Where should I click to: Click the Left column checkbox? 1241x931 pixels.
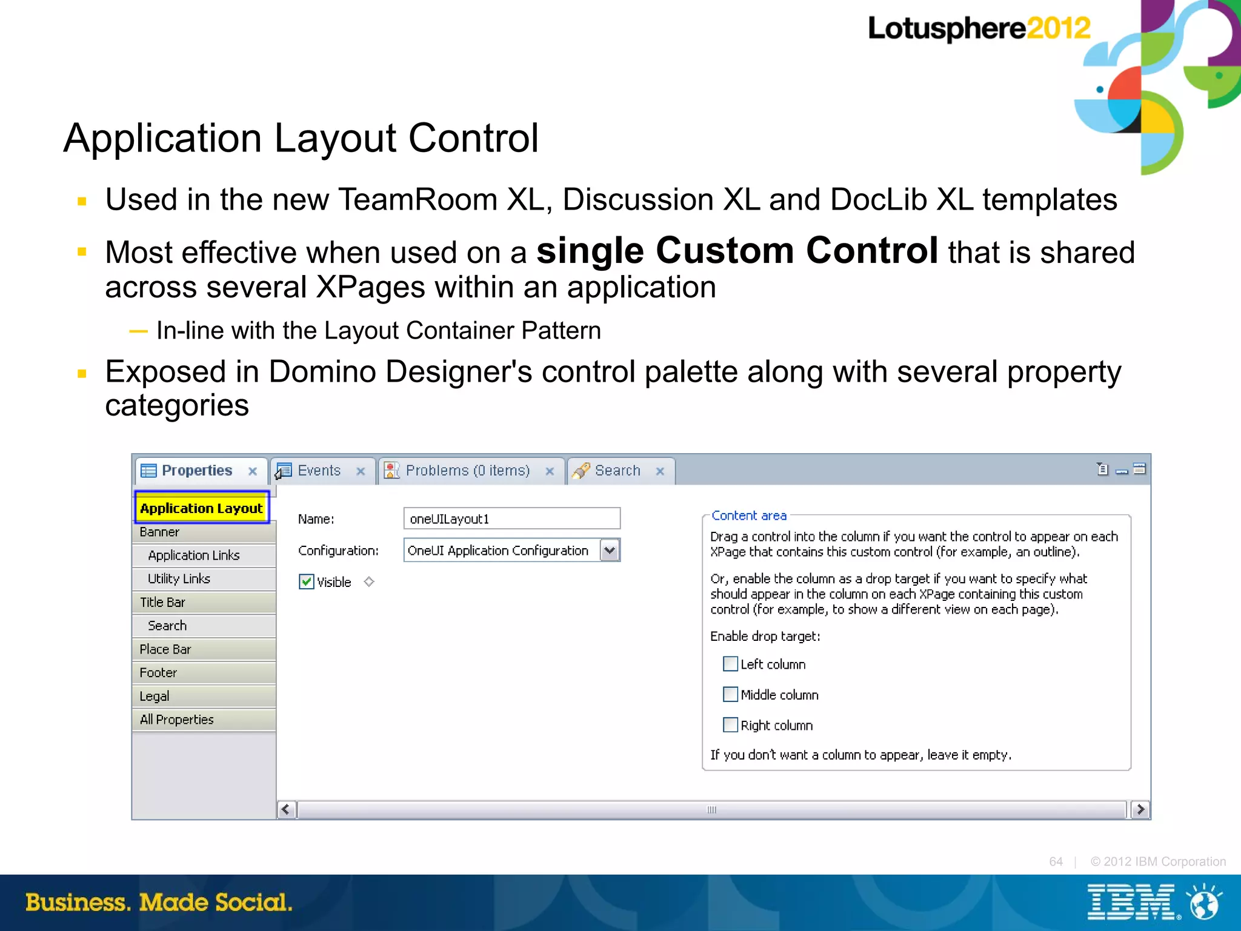tap(731, 664)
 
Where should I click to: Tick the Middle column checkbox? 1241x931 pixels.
tap(731, 694)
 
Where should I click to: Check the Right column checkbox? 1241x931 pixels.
tap(731, 724)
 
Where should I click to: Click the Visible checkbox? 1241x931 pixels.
tap(307, 582)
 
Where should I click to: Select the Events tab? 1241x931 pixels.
tap(319, 471)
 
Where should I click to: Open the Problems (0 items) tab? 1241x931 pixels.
tap(467, 471)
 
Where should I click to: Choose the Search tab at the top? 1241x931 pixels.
tap(617, 471)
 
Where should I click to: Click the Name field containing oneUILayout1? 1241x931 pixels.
tap(511, 519)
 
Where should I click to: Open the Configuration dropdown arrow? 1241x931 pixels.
tap(610, 550)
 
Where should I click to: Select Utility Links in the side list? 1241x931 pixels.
tap(179, 578)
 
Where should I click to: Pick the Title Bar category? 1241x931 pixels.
tap(162, 602)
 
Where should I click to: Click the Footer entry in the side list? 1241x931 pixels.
tap(158, 672)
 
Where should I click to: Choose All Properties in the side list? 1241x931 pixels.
tap(176, 720)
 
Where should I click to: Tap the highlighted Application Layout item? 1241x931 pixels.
tap(201, 508)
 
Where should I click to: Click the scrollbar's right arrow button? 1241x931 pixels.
tap(1140, 809)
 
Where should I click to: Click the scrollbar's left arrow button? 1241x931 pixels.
tap(287, 809)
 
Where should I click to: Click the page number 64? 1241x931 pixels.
tap(1056, 861)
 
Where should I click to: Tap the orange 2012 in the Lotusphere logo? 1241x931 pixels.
tap(1059, 28)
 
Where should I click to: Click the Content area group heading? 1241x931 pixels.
tap(749, 515)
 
